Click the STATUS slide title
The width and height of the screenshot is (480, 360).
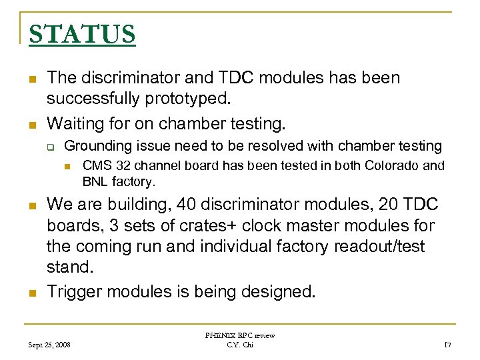[82, 34]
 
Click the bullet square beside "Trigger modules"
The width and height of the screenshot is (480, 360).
[31, 292]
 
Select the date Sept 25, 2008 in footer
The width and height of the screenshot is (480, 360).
[51, 345]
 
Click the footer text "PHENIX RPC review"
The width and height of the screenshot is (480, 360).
[241, 335]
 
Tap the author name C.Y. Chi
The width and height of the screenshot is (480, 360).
[241, 345]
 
